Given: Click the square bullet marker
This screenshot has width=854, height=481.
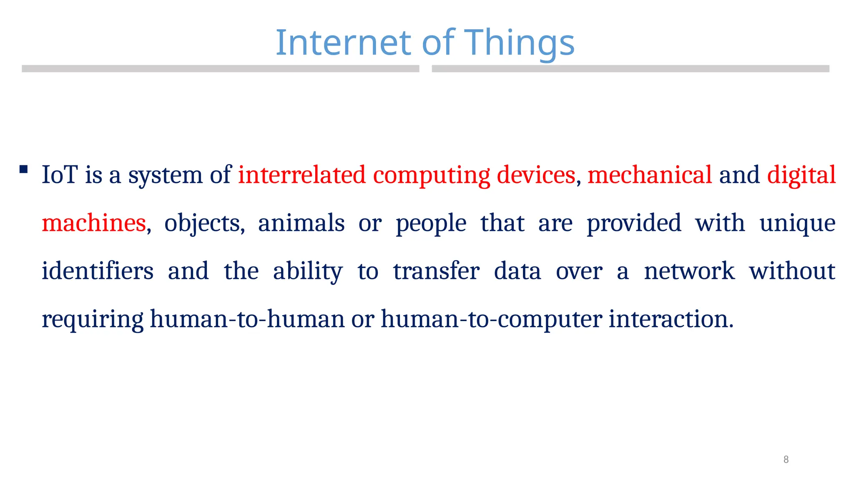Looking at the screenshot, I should coord(24,169).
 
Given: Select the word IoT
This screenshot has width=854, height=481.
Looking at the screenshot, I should coord(60,175).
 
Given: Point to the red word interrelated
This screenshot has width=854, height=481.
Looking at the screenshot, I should coord(301,175).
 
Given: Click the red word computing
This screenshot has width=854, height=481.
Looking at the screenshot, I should coord(431,175).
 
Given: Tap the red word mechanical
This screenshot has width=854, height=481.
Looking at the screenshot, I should coord(650,175).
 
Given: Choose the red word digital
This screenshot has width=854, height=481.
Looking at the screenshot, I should coord(801,175).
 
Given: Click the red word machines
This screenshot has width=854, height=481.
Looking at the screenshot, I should coord(94,223).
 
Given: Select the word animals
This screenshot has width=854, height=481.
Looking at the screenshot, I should coord(301,223).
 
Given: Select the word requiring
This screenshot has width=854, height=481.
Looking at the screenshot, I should coord(93,319).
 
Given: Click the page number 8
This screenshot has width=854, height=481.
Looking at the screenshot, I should coord(786,459).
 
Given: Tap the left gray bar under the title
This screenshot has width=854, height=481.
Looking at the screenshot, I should coord(220,69).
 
